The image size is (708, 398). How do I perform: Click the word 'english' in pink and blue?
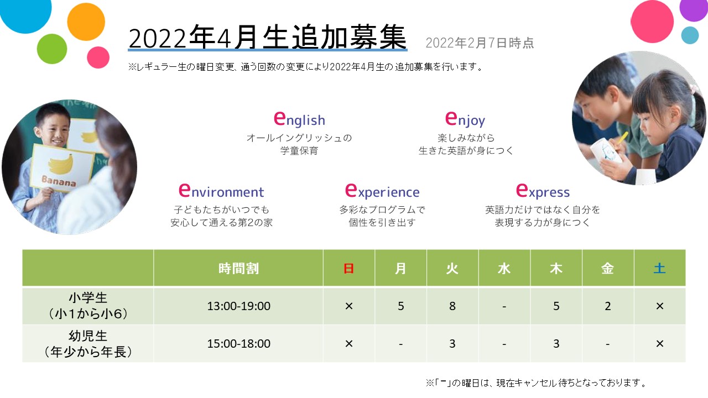coord(299,119)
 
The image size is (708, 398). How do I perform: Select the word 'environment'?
coord(221,191)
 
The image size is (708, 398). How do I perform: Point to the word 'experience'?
coord(382,191)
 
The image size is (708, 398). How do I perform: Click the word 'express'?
coord(543,191)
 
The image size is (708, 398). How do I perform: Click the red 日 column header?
coord(348,269)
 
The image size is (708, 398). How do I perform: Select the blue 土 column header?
coord(660,269)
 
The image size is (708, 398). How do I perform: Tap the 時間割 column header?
coord(238,269)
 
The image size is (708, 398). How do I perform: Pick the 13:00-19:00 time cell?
coord(238,306)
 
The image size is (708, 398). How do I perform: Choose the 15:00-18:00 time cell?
coord(238,343)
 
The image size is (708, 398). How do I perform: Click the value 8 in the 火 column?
coord(452,306)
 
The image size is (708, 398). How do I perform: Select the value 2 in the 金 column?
coord(607,306)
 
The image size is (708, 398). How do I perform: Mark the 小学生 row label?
coord(88,297)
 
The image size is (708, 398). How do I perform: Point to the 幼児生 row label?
coord(88,336)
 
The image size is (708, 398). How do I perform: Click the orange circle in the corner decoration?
coord(86,22)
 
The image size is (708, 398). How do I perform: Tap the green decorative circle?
coord(52,49)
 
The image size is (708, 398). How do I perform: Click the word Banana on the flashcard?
coord(59,181)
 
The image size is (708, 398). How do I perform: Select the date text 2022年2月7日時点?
coord(480,43)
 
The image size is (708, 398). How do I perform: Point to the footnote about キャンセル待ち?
coord(537,383)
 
